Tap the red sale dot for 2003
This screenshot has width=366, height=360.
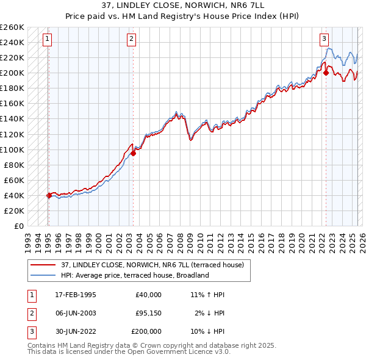coord(133,153)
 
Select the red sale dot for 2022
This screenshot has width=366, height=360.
coord(326,73)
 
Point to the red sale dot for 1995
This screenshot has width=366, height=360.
coord(49,195)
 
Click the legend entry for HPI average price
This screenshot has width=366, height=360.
coord(135,275)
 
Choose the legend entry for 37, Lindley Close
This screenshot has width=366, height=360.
coord(152,265)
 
